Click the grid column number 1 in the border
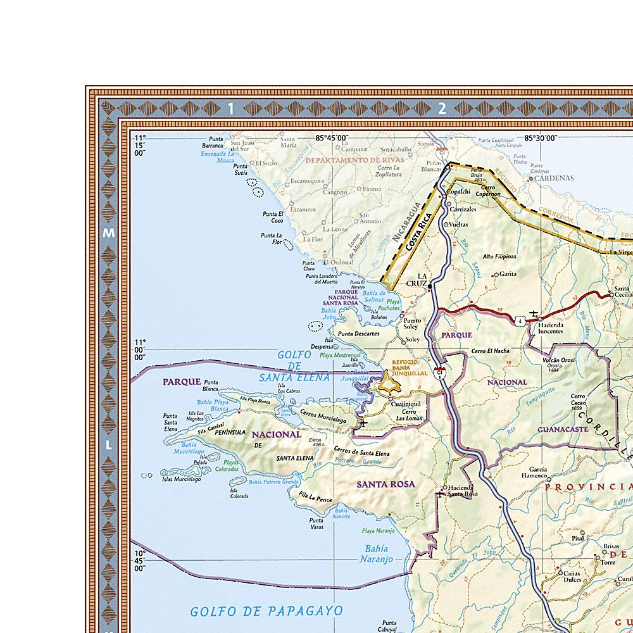[x=231, y=109]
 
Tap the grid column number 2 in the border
[x=442, y=109]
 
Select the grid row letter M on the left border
[x=108, y=233]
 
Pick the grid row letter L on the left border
[x=108, y=445]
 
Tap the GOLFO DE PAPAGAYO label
[x=266, y=611]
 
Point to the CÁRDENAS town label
[x=554, y=178]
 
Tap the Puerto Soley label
[x=412, y=324]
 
